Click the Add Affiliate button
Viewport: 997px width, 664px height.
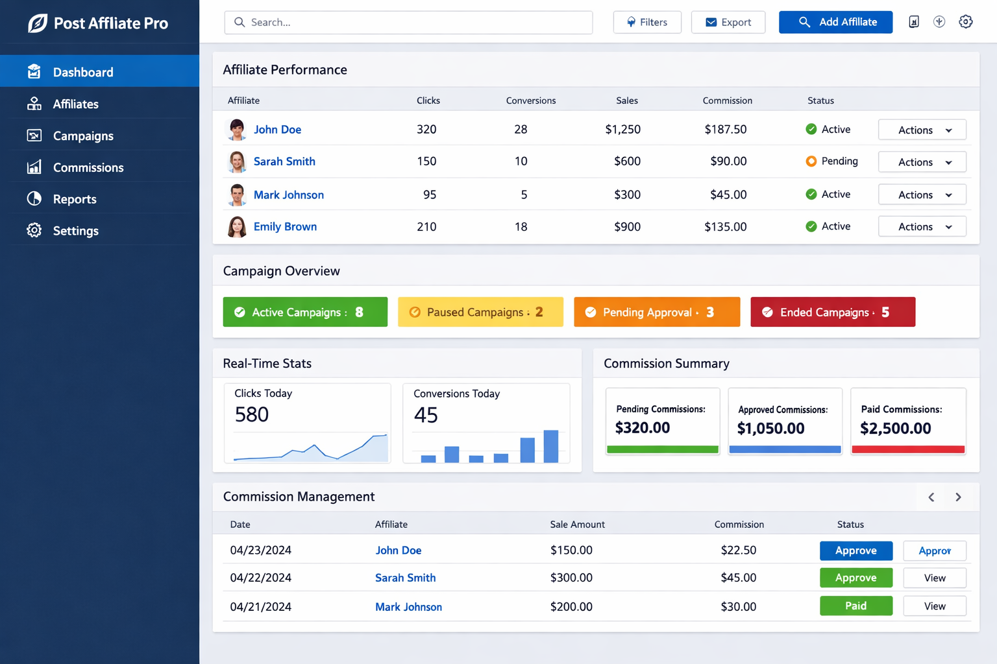click(835, 22)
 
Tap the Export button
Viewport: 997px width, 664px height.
click(728, 22)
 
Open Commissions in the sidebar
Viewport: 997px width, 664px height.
click(88, 167)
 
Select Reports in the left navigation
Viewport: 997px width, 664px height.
click(74, 199)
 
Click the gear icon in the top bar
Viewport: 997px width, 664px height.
click(965, 22)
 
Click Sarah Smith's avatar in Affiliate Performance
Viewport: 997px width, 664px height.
click(237, 161)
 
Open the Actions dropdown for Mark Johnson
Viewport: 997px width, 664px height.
click(922, 195)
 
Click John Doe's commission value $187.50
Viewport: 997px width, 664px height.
click(725, 129)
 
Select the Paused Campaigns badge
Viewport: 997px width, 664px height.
click(480, 312)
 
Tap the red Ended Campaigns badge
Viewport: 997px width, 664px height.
click(833, 312)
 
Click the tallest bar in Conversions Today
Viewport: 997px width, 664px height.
click(550, 446)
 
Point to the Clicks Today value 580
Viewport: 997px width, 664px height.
click(252, 414)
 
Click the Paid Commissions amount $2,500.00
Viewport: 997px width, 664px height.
click(895, 428)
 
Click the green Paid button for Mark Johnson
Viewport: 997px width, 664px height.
click(855, 606)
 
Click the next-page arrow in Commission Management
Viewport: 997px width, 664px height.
click(958, 497)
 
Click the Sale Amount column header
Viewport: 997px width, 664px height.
click(577, 524)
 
